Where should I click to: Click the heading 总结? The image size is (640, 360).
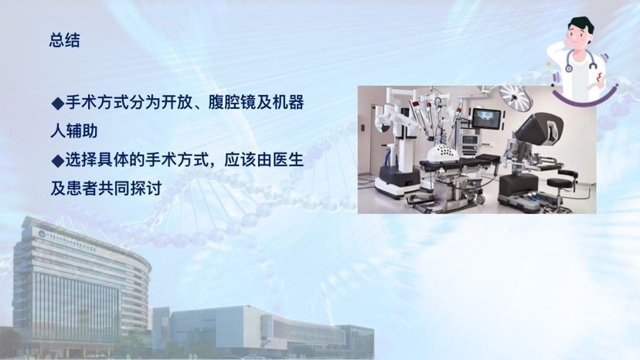(64, 40)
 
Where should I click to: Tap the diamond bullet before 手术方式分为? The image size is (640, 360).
(58, 104)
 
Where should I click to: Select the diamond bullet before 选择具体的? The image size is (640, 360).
(58, 161)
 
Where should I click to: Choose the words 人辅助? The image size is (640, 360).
(74, 131)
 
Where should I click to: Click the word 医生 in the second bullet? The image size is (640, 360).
(288, 160)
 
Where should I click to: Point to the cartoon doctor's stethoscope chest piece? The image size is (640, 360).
(569, 68)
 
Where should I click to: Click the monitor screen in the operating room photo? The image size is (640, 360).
(486, 119)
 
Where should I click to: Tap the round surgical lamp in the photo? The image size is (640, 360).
(516, 97)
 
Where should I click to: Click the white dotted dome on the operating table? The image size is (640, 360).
(442, 155)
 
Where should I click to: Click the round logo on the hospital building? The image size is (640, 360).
(42, 234)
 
